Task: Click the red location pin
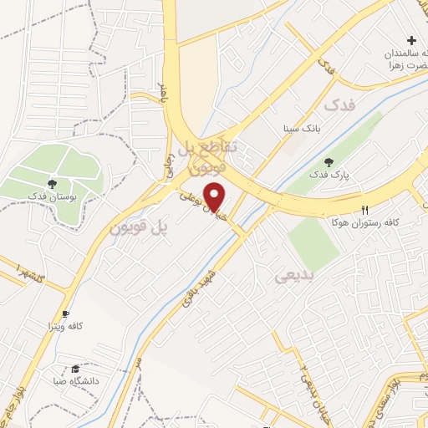coord(216,196)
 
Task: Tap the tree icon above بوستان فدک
coord(53,181)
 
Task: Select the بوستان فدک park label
coord(53,195)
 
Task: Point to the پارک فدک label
coord(326,175)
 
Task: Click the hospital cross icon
coord(410,40)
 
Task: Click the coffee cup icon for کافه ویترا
coord(65,313)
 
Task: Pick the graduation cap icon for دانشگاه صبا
coord(75,368)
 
